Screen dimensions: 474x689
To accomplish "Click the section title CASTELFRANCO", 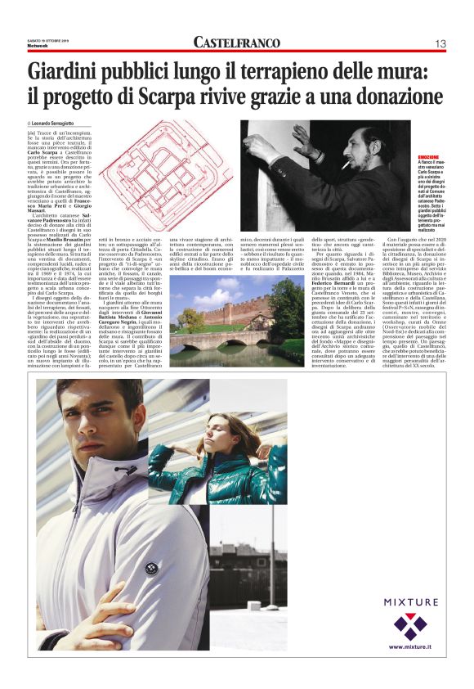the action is pyautogui.click(x=237, y=42).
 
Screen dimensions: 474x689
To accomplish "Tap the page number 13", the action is pyautogui.click(x=440, y=43).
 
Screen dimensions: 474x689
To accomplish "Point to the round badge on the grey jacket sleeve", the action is pyautogui.click(x=151, y=568).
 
